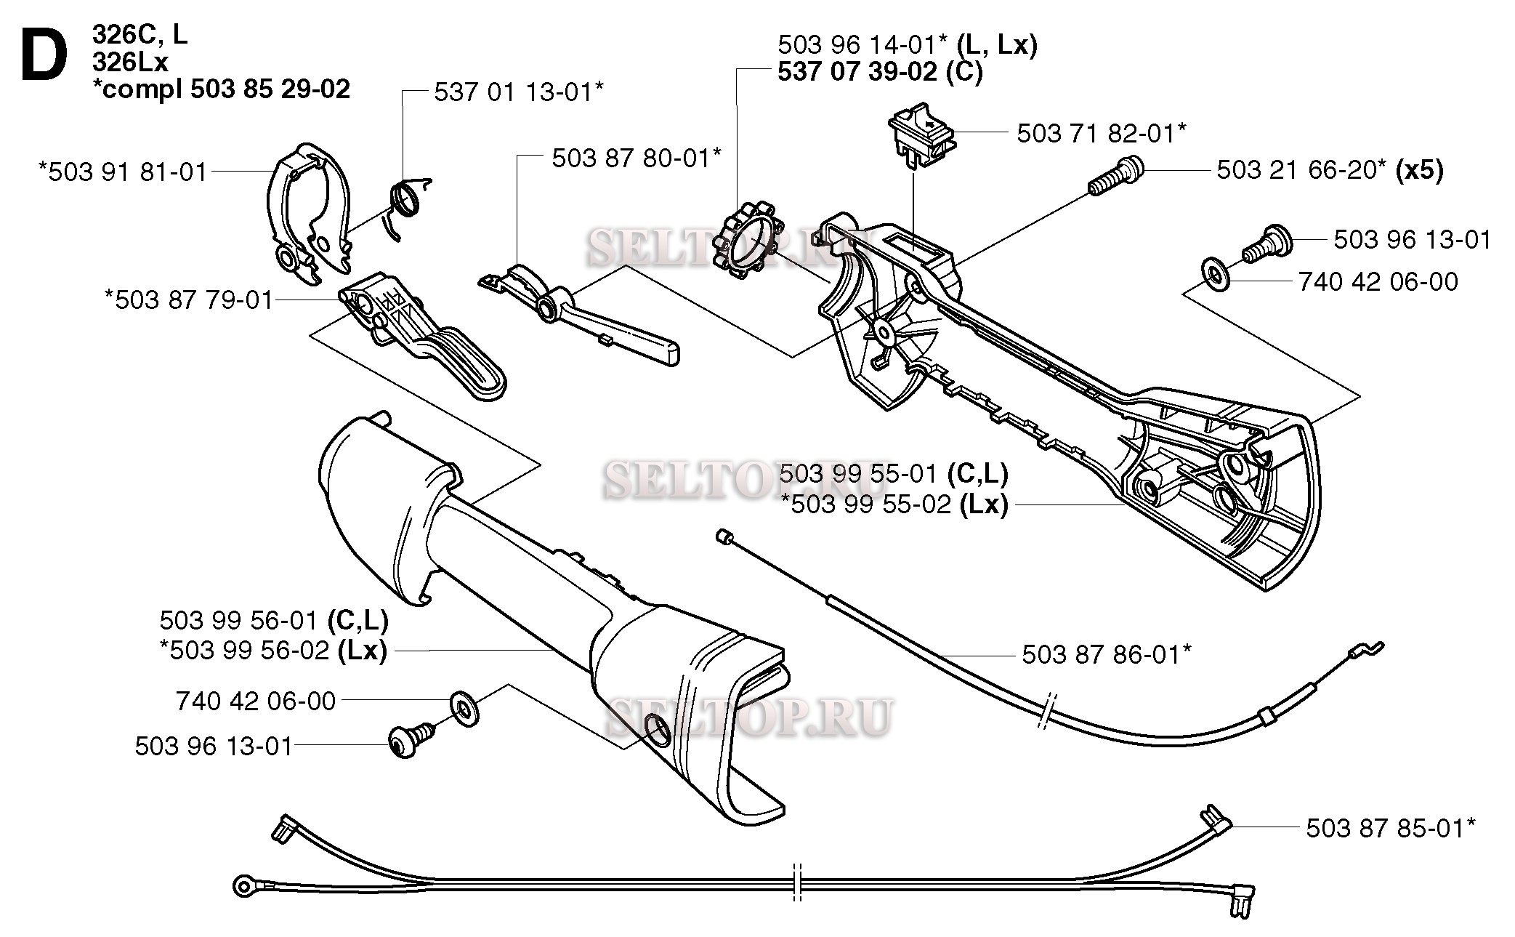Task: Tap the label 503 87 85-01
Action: point(1391,828)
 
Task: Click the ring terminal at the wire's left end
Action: point(243,886)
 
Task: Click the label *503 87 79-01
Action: point(189,299)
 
